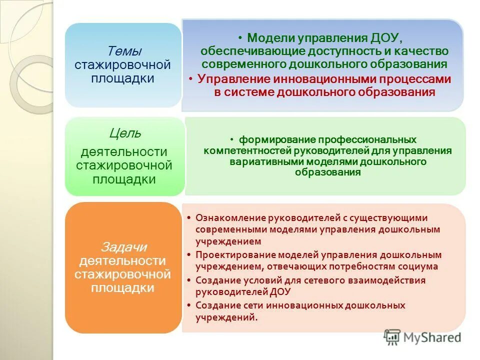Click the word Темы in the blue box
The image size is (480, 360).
pyautogui.click(x=124, y=51)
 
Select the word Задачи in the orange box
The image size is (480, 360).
pyautogui.click(x=124, y=246)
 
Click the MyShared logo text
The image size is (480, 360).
pyautogui.click(x=430, y=337)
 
